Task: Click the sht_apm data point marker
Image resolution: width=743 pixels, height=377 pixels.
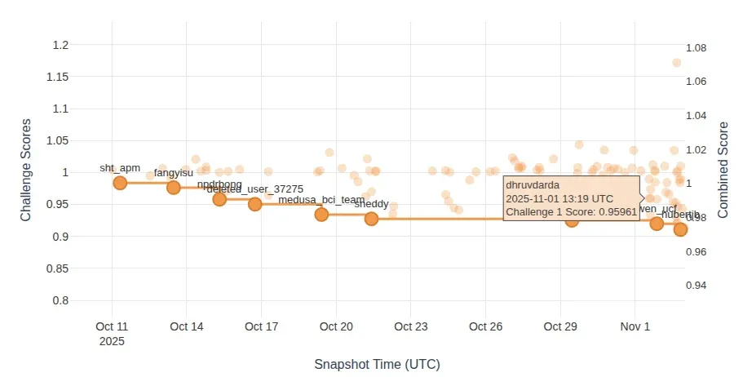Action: (120, 183)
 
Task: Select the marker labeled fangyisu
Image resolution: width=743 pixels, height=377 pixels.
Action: (174, 188)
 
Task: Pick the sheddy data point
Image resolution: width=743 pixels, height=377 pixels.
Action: (371, 219)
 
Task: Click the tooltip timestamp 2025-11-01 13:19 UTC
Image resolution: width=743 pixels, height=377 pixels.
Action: (559, 198)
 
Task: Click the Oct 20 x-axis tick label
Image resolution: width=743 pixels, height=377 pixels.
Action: (336, 327)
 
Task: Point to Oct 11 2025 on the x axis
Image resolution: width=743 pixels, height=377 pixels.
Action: (112, 334)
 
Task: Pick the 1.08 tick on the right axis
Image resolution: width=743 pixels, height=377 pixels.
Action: (696, 48)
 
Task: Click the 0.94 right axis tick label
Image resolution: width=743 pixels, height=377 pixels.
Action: (696, 285)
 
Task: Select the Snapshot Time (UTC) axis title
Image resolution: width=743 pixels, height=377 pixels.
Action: (383, 365)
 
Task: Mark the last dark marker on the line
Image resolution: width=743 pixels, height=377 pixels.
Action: (680, 229)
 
